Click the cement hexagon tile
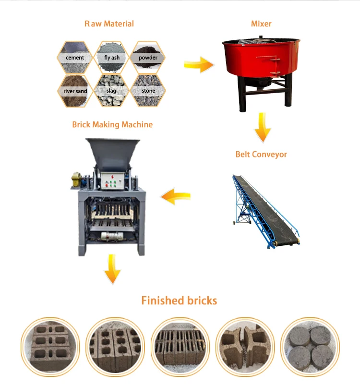pyautogui.click(x=75, y=58)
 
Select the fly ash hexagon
pyautogui.click(x=112, y=58)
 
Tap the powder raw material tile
pyautogui.click(x=148, y=58)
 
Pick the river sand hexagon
pyautogui.click(x=75, y=90)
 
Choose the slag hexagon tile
pyautogui.click(x=112, y=90)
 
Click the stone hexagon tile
pyautogui.click(x=148, y=90)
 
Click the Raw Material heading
pyautogui.click(x=109, y=24)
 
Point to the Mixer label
pyautogui.click(x=262, y=24)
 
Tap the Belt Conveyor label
pyautogui.click(x=261, y=154)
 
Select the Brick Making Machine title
pyautogui.click(x=112, y=124)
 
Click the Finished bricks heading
pyautogui.click(x=179, y=301)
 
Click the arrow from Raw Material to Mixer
pyautogui.click(x=199, y=64)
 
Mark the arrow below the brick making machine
pyautogui.click(x=112, y=269)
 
